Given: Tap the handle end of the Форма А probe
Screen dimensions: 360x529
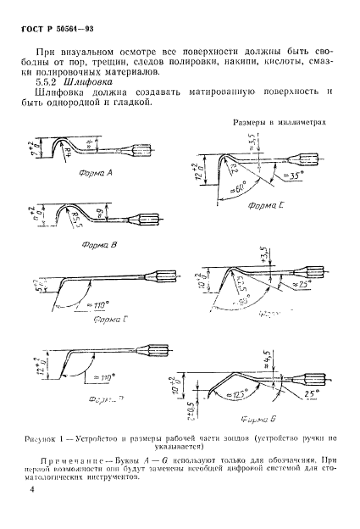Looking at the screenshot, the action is tap(141, 155).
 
